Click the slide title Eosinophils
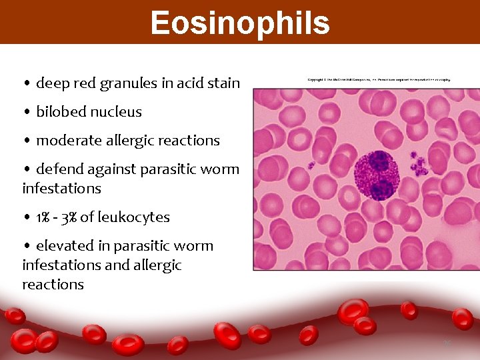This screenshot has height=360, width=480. click(x=240, y=23)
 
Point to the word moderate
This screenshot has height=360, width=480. click(x=66, y=141)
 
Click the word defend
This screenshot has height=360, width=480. click(x=57, y=169)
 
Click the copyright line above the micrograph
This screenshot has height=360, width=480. click(x=379, y=80)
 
